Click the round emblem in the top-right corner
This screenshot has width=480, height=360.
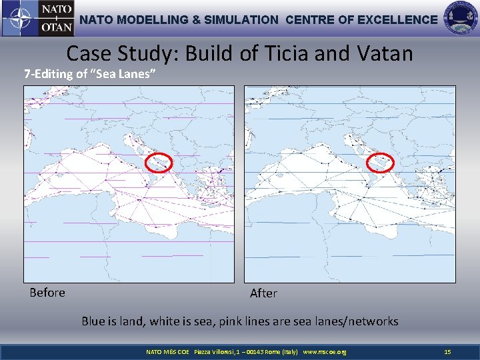(461, 18)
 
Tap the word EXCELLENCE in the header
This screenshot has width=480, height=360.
(397, 20)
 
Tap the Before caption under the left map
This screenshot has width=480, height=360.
(47, 293)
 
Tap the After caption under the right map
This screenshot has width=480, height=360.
(263, 293)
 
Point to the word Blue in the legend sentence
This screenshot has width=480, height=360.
(93, 321)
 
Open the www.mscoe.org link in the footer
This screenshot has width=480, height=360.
(324, 351)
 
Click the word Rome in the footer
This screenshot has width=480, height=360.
(273, 351)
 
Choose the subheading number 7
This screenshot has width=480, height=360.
(27, 74)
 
